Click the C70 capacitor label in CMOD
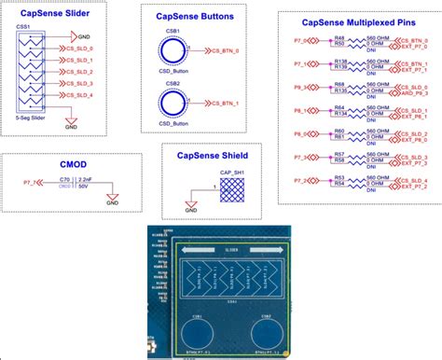(65, 177)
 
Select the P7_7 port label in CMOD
(30, 183)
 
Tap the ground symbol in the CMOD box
(112, 199)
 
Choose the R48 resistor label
(339, 37)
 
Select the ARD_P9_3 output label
(414, 92)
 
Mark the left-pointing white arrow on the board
(197, 251)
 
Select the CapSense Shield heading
(212, 156)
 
